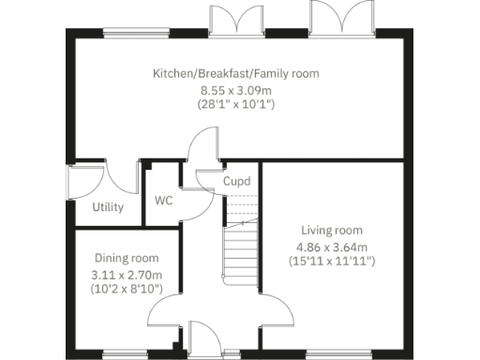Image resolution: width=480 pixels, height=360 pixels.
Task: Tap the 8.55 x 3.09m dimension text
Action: [235, 90]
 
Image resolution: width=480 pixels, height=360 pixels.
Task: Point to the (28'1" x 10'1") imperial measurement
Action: [235, 105]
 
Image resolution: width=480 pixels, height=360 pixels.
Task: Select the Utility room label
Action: [108, 207]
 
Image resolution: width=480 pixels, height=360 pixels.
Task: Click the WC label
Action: [163, 201]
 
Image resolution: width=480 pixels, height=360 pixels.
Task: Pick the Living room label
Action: [332, 231]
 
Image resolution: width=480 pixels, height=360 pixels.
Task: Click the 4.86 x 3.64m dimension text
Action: [332, 247]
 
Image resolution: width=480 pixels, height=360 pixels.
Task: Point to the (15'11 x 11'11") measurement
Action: [332, 262]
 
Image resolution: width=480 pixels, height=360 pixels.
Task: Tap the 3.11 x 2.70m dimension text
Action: [126, 276]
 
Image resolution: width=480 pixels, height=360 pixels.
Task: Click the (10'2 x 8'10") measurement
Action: [126, 290]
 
